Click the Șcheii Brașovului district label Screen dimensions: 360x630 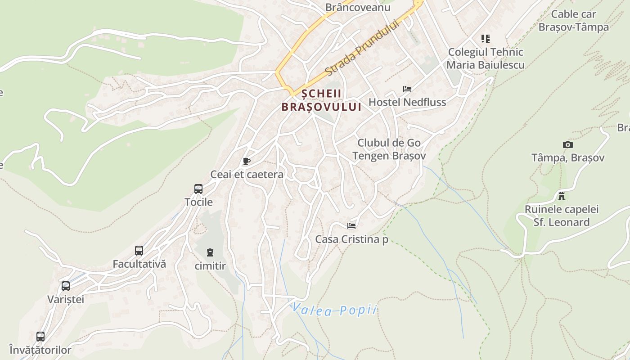[321, 100]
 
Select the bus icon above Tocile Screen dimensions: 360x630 [198, 189]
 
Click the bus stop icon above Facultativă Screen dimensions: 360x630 [139, 251]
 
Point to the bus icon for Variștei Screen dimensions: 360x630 [66, 286]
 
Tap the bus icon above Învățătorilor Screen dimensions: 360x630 [40, 336]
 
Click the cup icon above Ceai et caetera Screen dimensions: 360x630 [246, 161]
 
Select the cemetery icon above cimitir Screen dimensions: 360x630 [210, 252]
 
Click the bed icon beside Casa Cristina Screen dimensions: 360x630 [351, 225]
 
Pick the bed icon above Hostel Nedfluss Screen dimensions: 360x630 [407, 89]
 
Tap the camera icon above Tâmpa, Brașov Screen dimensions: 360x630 [568, 144]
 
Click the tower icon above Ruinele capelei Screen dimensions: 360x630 [562, 196]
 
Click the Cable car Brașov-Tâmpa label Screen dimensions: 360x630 [573, 21]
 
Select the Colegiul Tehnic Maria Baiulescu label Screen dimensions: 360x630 [486, 58]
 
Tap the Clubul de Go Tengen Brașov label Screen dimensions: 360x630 [389, 149]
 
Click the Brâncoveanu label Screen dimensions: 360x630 [358, 7]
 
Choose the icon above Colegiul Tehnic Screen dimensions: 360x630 [485, 39]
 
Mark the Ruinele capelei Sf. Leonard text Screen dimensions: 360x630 [562, 216]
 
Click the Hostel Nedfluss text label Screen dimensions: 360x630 [407, 102]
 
